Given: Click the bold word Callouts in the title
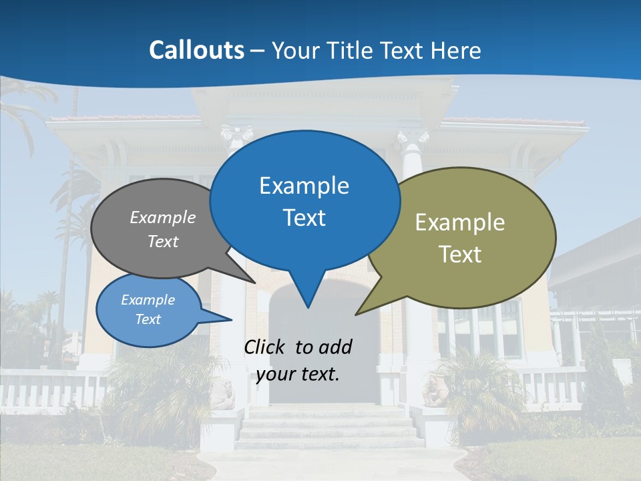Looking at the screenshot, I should pyautogui.click(x=196, y=50).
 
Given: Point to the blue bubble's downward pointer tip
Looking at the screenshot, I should pyautogui.click(x=308, y=307).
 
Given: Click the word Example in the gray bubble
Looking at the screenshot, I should pyautogui.click(x=162, y=218).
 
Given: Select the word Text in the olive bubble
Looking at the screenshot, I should pyautogui.click(x=460, y=255).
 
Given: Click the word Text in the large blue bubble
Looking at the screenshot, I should pyautogui.click(x=304, y=218).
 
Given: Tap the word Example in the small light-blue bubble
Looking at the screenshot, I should pyautogui.click(x=148, y=300).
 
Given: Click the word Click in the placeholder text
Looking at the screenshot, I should pyautogui.click(x=266, y=347).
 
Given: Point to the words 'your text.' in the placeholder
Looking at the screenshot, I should pyautogui.click(x=298, y=374).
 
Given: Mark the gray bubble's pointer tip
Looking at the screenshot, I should pyautogui.click(x=255, y=283).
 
